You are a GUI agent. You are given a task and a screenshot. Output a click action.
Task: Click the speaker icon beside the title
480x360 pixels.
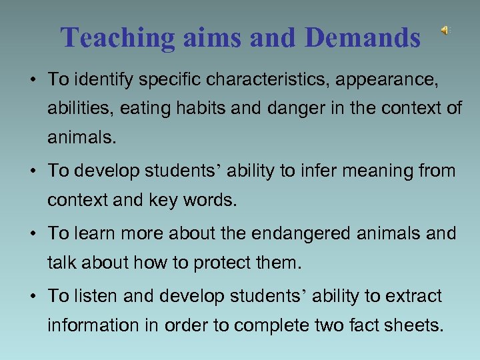(444, 30)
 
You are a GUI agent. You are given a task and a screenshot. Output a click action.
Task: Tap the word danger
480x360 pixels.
(303, 109)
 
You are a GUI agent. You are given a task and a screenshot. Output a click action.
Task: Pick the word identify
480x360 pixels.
(107, 80)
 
